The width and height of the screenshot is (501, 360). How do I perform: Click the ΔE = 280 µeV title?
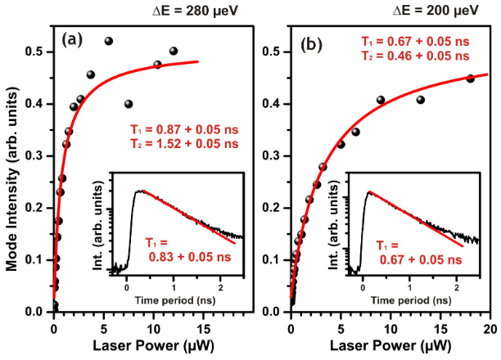point(195,11)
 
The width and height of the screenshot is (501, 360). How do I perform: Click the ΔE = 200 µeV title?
point(436,11)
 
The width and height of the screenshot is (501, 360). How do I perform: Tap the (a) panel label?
point(72,39)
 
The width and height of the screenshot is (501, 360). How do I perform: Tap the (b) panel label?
point(312,45)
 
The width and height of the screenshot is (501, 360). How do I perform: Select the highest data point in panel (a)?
point(109,41)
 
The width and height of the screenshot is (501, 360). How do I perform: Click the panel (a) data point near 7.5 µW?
point(129,104)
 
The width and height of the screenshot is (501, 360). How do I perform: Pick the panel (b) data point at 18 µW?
point(471,79)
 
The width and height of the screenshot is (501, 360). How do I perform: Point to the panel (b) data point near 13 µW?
point(421,100)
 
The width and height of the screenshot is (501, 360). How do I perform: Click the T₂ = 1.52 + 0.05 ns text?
point(184,144)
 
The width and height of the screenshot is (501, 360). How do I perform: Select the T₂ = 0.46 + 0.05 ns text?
point(415,56)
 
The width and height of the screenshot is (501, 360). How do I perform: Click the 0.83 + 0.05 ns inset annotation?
point(190,257)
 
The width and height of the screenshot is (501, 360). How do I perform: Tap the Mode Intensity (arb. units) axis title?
point(12,179)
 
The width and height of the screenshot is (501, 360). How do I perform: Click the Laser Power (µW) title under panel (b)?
point(390,345)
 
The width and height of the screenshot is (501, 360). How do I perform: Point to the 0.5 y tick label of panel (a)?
point(35,52)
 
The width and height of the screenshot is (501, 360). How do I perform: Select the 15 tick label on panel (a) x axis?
point(204,329)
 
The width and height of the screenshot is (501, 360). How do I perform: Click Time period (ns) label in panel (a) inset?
point(175,300)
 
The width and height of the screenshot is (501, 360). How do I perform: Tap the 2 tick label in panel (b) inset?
point(457,287)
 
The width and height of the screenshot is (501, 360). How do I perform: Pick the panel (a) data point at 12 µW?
point(174,51)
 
